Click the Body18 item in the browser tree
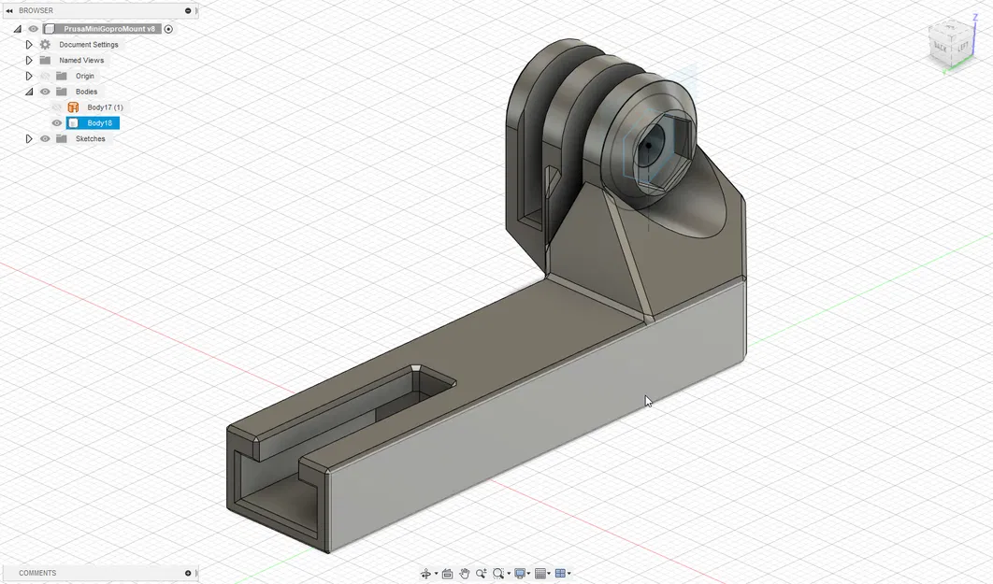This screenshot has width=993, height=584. tap(99, 123)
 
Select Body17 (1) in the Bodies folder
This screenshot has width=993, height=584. tap(105, 107)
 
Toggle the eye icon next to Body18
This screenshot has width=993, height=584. tap(57, 123)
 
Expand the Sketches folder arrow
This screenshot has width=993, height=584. tap(29, 139)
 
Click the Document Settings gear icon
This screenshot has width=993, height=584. tap(45, 45)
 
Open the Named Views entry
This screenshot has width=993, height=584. tap(81, 61)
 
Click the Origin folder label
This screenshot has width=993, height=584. tap(84, 77)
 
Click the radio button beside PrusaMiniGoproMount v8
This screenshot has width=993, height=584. tap(168, 29)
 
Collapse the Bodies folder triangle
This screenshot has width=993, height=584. tap(29, 92)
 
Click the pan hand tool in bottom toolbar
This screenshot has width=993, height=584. tap(464, 574)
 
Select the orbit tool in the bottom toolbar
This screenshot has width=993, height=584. tap(426, 574)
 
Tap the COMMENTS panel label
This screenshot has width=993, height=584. tap(37, 573)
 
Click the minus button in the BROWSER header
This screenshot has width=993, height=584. tap(188, 10)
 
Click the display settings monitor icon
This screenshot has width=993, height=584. tap(520, 574)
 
